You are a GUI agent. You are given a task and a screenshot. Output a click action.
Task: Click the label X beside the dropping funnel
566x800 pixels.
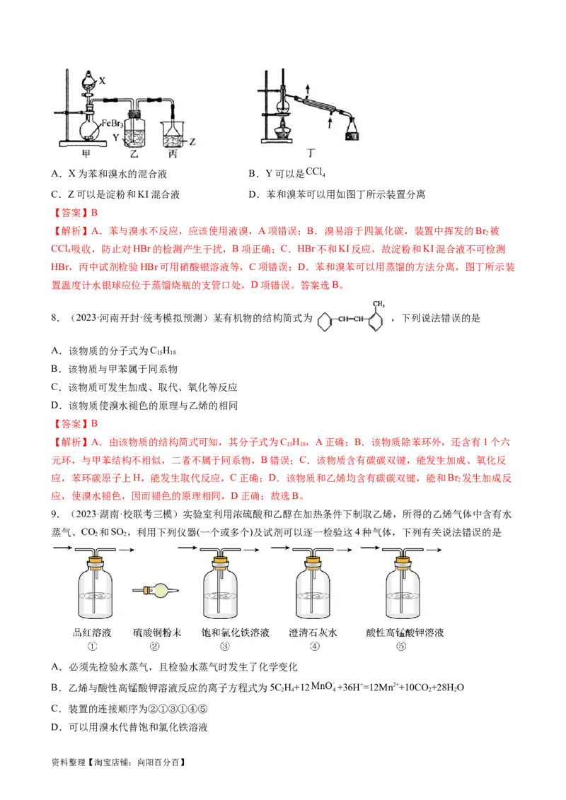103,81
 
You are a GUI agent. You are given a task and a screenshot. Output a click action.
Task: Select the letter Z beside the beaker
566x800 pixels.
192,141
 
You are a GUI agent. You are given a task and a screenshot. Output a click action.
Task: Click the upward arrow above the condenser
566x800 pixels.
308,88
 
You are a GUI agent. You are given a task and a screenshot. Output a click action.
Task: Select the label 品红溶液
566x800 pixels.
93,633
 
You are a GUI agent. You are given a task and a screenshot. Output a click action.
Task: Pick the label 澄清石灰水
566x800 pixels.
313,633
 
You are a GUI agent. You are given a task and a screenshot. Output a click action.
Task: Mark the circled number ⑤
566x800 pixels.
402,646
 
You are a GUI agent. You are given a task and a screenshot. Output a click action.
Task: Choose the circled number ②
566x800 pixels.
156,646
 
